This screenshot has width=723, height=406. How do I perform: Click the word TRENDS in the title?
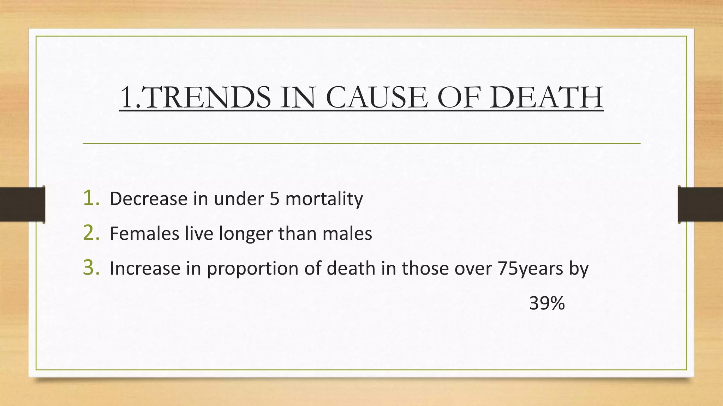tap(208, 98)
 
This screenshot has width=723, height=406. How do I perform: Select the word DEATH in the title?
tap(546, 98)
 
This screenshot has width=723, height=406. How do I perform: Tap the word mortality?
tap(324, 199)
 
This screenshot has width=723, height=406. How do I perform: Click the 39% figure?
tap(547, 303)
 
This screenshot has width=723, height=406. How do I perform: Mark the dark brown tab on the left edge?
tap(22, 204)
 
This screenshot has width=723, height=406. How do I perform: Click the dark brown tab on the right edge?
tap(700, 204)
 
